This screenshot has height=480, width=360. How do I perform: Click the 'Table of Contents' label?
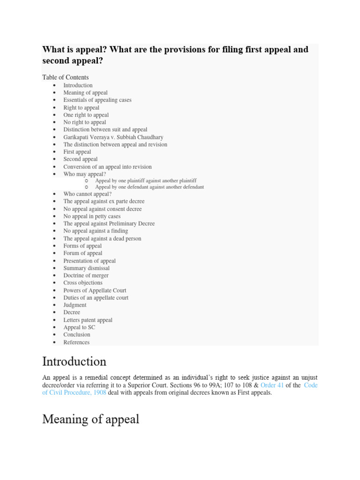tap(65, 77)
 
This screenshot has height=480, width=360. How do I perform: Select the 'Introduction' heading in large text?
tap(74, 361)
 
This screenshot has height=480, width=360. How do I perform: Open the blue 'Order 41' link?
tap(272, 385)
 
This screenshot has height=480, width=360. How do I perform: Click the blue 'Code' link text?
tap(311, 385)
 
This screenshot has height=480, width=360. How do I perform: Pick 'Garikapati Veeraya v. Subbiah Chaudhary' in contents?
tap(113, 137)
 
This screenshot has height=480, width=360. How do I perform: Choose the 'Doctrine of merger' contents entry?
tap(86, 276)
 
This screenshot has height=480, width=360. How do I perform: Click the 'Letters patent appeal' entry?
tap(88, 320)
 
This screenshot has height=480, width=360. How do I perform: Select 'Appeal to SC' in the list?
tap(79, 327)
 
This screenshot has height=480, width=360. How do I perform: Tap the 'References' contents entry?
tap(76, 342)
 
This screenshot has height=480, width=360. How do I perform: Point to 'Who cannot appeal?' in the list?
tap(87, 194)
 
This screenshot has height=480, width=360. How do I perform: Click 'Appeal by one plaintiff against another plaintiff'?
tap(146, 180)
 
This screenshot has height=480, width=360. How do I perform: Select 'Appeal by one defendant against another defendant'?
tap(150, 187)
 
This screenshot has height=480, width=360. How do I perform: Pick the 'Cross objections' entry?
tap(83, 283)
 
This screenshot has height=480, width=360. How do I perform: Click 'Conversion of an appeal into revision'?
tap(107, 167)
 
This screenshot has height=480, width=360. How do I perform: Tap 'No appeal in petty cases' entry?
tap(92, 217)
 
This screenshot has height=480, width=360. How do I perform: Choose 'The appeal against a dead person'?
tap(102, 239)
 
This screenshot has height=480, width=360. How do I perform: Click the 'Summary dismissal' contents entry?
tap(86, 268)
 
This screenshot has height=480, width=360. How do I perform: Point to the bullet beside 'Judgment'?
tap(54, 305)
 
